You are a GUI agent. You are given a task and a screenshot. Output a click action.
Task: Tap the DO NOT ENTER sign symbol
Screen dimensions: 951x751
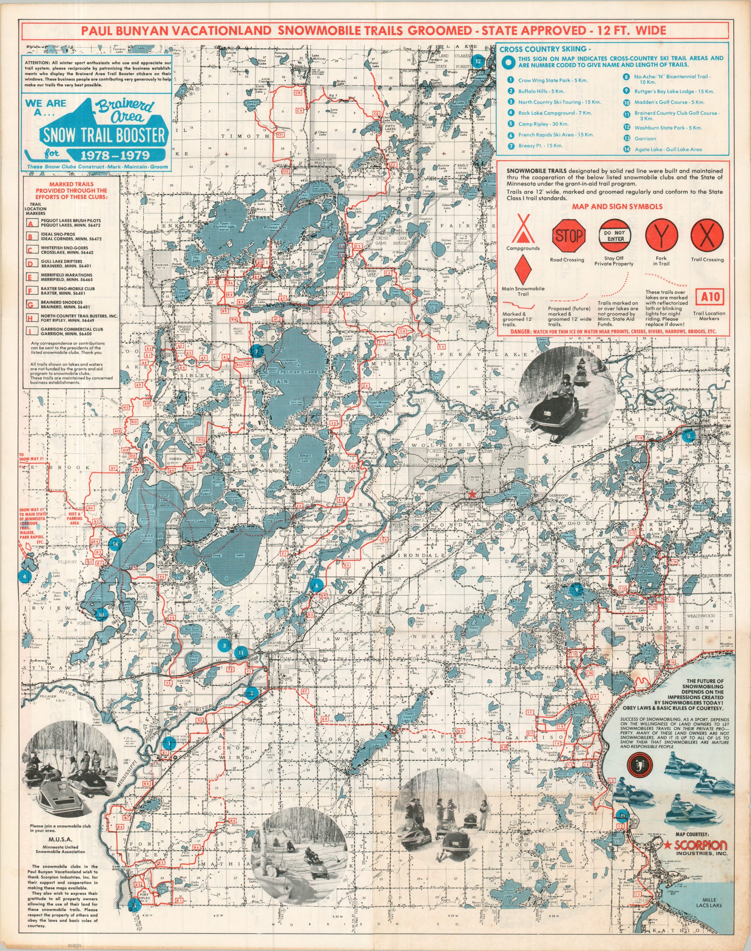pos(615,236)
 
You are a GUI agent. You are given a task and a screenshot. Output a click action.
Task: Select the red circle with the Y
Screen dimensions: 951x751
pos(661,236)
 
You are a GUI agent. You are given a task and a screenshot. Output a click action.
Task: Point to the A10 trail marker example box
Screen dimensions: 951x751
pos(709,297)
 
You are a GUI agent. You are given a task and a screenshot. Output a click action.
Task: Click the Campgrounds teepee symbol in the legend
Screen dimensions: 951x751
pos(523,230)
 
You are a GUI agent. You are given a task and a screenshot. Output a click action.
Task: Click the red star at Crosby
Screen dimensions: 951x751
pos(473,494)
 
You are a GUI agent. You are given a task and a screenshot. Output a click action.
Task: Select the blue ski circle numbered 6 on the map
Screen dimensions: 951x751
pos(316,585)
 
